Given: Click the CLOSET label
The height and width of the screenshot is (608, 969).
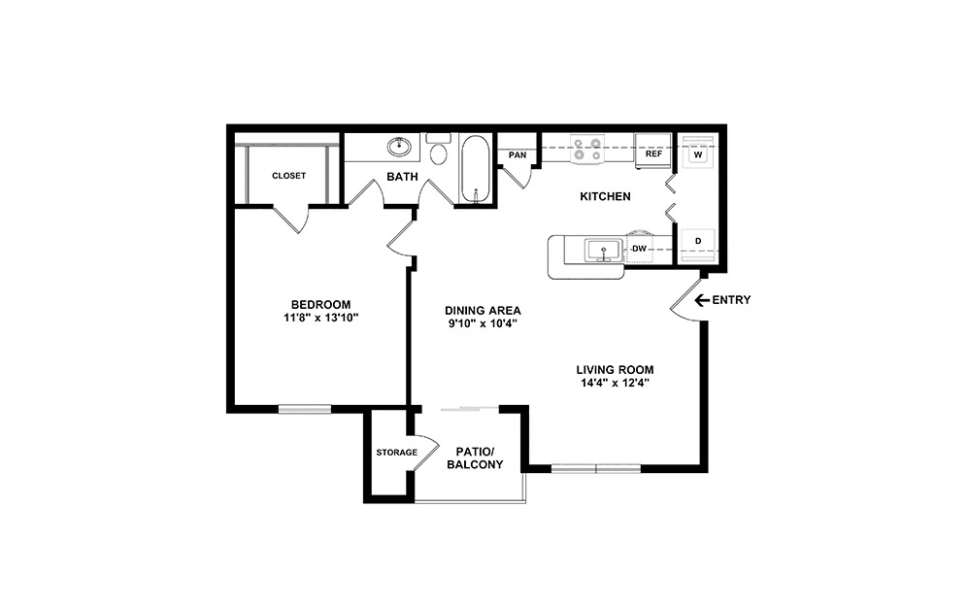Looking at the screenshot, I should click(288, 176).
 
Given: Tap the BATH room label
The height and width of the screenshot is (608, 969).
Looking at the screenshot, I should click(402, 177).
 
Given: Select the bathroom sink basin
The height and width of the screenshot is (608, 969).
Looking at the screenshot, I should click(398, 149).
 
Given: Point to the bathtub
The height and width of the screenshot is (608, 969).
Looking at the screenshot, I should click(475, 170).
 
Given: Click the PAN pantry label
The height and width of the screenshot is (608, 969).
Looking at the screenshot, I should click(518, 154).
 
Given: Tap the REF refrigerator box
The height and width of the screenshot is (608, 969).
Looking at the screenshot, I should click(653, 153).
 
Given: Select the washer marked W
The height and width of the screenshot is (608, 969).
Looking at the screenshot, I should click(697, 154).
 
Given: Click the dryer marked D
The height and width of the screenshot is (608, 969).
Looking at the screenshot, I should click(697, 240).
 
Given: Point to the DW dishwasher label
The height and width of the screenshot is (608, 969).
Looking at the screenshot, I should click(639, 250).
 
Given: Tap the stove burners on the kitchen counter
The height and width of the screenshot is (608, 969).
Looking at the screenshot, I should click(587, 149).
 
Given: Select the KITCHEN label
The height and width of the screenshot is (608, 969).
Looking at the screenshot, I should click(605, 197).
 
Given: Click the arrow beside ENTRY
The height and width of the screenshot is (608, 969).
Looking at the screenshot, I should click(701, 300).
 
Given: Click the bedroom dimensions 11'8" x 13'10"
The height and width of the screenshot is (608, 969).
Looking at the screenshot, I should click(320, 318).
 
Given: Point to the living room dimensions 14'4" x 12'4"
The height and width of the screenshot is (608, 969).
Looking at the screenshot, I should click(614, 383).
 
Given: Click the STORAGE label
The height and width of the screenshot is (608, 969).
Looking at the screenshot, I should click(396, 453).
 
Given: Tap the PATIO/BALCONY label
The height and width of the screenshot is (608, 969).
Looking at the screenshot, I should click(475, 457).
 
